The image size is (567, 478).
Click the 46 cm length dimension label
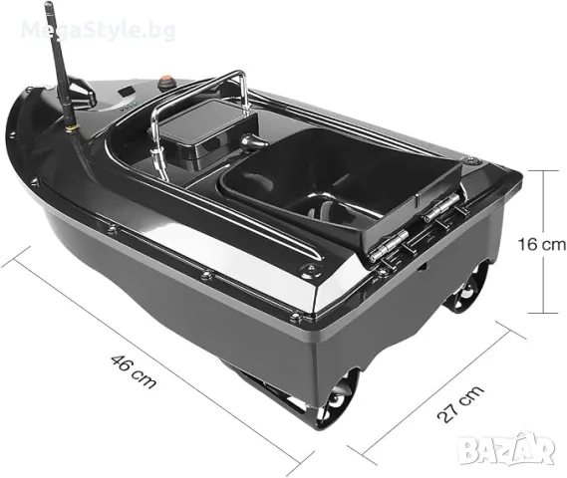click(x=134, y=371)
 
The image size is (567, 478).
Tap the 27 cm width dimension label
click(x=460, y=403)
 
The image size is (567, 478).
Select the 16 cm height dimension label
click(x=541, y=245)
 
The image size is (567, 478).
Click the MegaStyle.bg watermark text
click(x=99, y=30)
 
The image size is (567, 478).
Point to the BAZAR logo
click(x=506, y=448)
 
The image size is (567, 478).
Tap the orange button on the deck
click(x=167, y=79)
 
